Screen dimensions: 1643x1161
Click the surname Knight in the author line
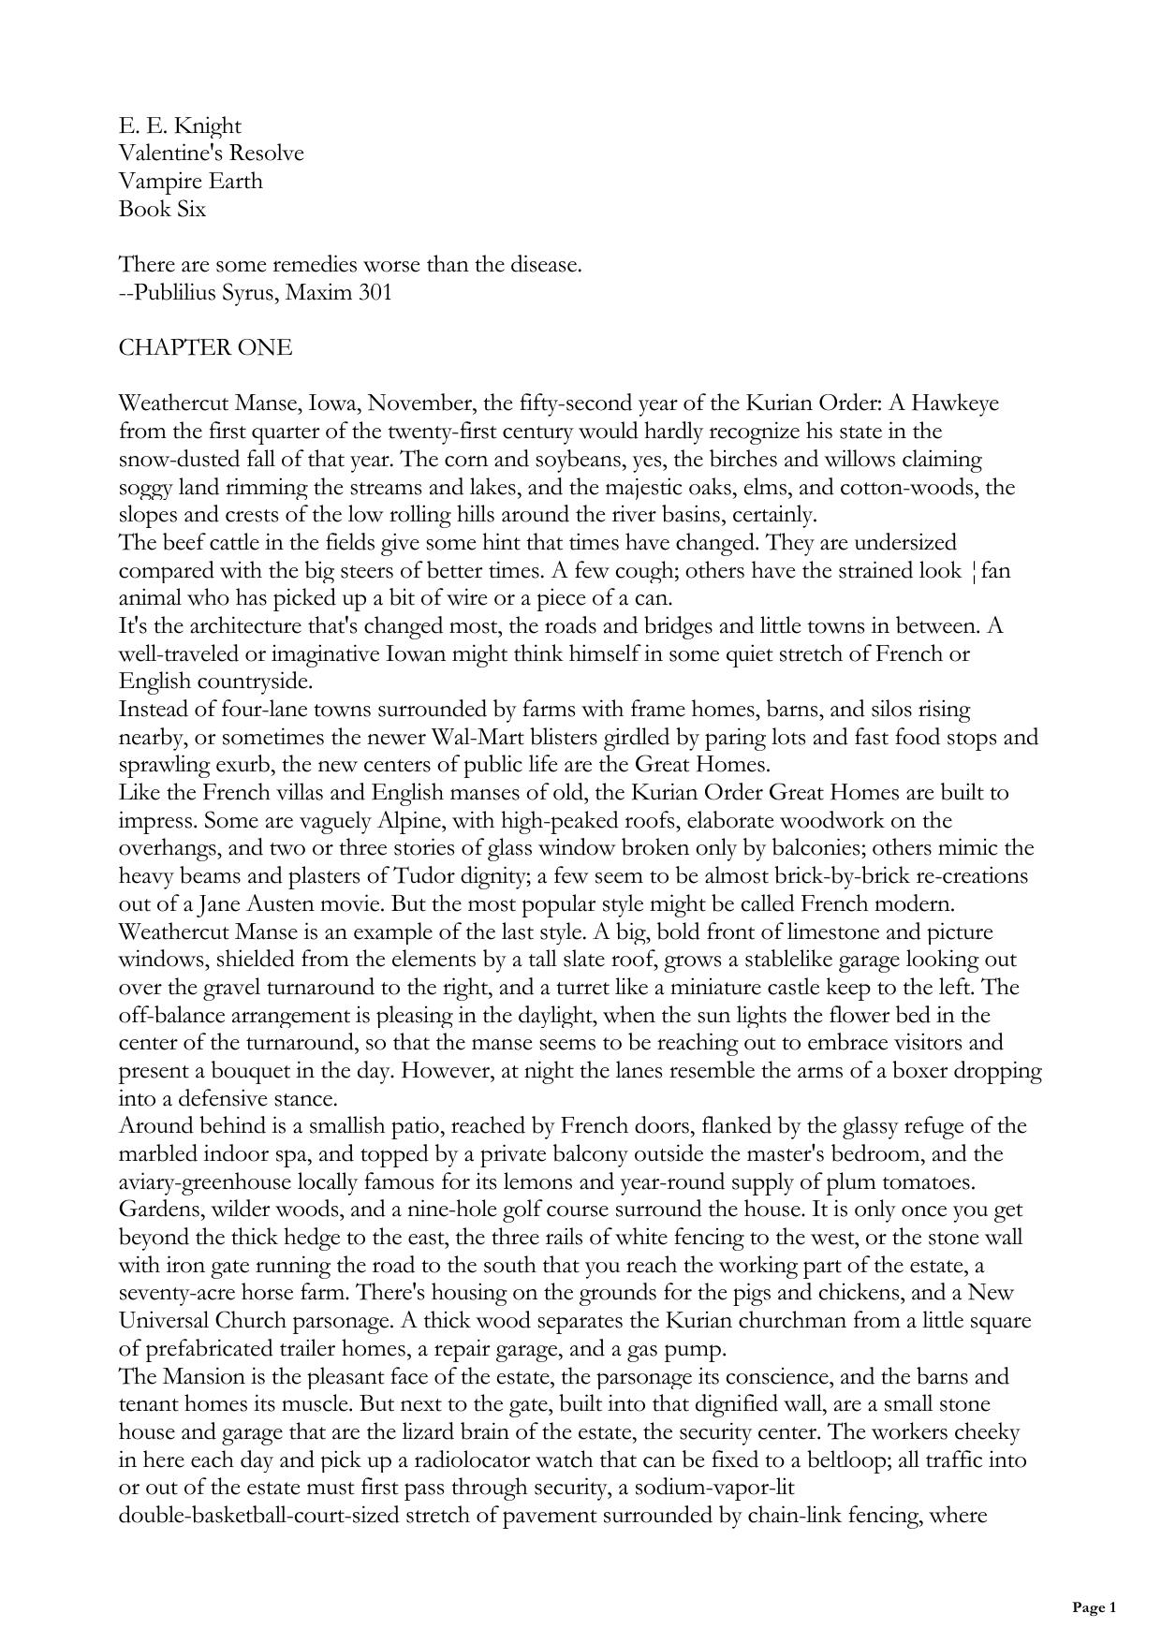207,126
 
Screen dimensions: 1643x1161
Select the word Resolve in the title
267,154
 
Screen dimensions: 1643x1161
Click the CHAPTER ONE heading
205,348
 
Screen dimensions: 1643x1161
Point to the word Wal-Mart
480,737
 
